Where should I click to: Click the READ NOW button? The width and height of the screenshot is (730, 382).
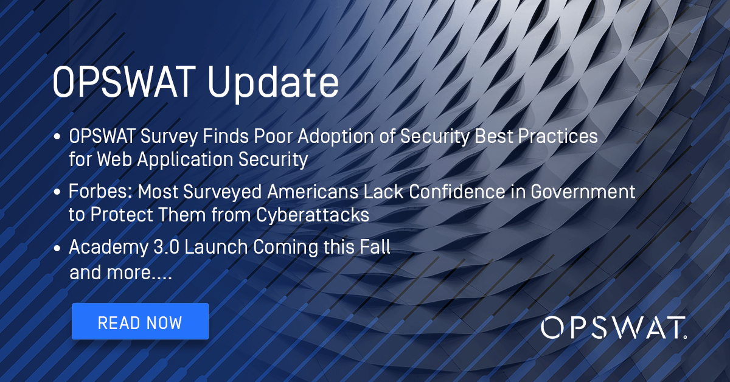tap(140, 321)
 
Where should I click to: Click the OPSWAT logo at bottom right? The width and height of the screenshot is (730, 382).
tap(614, 328)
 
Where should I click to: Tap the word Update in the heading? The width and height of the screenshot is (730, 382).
tap(273, 83)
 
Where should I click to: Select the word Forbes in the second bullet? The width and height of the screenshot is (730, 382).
tap(100, 192)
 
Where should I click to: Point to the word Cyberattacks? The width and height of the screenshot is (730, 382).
tap(313, 215)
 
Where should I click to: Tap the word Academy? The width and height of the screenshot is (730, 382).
tap(109, 248)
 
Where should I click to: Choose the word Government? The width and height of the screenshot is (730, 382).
tap(583, 192)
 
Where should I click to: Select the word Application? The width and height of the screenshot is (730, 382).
tap(185, 160)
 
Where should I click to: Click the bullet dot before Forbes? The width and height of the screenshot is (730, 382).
tap(57, 192)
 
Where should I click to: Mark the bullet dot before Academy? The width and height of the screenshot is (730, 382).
tap(57, 248)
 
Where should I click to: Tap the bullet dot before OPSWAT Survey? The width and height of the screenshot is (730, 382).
tap(57, 137)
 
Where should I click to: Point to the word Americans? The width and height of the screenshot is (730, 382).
tap(313, 192)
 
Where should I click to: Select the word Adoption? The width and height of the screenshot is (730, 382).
tap(336, 137)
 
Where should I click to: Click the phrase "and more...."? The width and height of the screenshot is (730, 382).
tap(120, 273)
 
